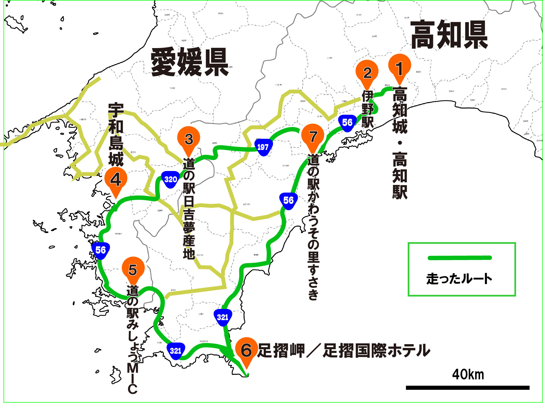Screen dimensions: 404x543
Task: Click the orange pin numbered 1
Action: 399,67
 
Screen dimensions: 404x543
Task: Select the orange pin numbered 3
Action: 188,138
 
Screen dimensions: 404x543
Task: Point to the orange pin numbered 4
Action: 116,179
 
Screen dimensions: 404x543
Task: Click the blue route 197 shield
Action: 263,147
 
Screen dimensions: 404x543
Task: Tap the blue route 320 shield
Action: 170,179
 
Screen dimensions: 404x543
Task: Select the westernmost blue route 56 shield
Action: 100,250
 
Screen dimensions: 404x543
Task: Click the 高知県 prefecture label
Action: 449,35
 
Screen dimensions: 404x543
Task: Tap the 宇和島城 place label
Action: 116,134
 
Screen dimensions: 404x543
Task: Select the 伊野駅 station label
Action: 367,109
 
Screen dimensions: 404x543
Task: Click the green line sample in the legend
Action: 460,258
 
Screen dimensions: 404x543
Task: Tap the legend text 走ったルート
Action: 459,279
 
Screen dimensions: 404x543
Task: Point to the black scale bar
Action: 467,387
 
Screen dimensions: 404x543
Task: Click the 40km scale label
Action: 468,374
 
